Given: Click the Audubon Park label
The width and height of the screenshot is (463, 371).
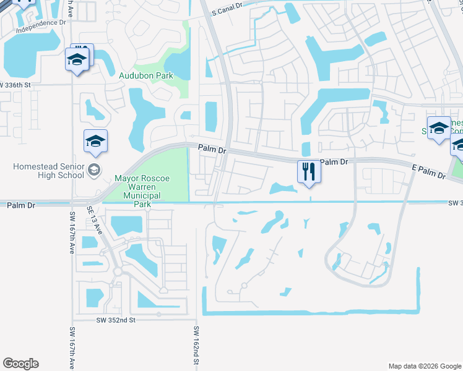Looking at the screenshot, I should (x=146, y=75).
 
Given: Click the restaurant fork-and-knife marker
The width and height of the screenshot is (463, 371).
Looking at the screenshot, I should (x=308, y=171).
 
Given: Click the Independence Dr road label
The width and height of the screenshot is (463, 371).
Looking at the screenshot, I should (x=41, y=26).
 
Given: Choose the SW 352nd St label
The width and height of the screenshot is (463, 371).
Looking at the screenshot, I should (x=116, y=320).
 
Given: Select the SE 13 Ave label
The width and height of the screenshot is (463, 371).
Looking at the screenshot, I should (x=94, y=219).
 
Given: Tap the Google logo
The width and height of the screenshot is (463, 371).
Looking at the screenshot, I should (x=20, y=364).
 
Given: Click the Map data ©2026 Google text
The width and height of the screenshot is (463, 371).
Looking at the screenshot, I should (x=425, y=366).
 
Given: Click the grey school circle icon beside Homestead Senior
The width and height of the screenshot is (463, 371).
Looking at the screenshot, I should (x=94, y=170).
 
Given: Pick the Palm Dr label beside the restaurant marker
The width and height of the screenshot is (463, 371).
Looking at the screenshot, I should (x=335, y=162).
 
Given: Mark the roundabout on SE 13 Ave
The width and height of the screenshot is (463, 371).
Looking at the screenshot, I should (x=117, y=271).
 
